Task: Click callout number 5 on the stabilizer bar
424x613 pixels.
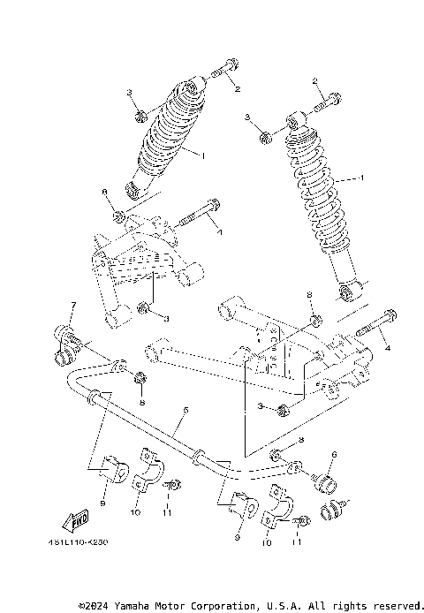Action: (x=185, y=410)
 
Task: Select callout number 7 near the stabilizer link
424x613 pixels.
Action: (x=73, y=306)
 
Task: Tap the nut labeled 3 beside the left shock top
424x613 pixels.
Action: (x=140, y=115)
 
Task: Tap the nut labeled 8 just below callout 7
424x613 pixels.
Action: (x=139, y=379)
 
